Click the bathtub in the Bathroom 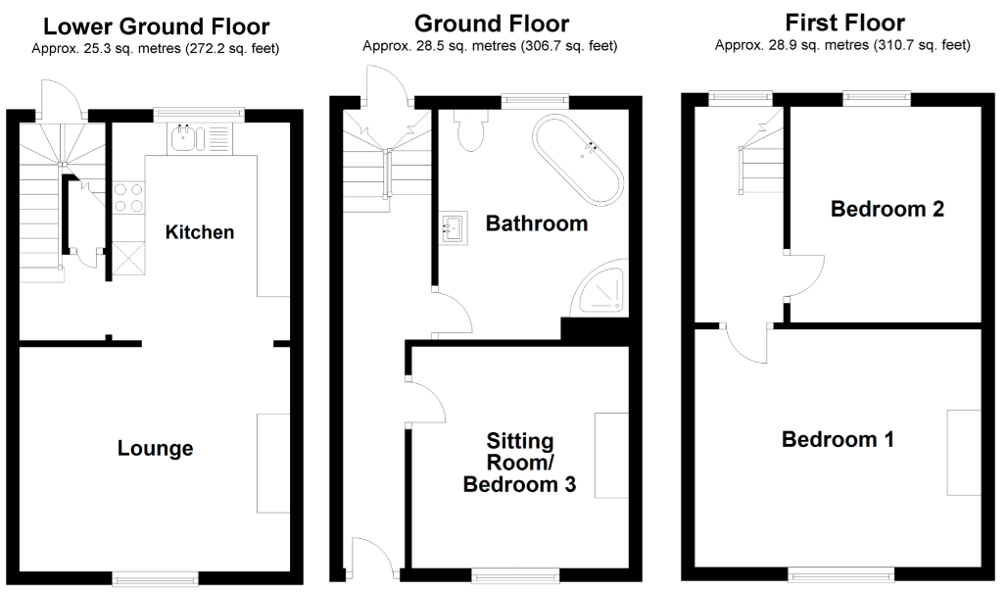[x=578, y=160]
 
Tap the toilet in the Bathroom [x=472, y=131]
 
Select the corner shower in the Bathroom [x=599, y=289]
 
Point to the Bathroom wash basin [x=453, y=228]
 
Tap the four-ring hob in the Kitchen [x=129, y=198]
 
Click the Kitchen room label [x=200, y=232]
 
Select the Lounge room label [x=155, y=449]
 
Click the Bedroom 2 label [x=887, y=209]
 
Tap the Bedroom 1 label [x=838, y=439]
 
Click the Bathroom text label [x=537, y=223]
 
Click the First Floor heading [x=845, y=23]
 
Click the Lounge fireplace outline [x=273, y=463]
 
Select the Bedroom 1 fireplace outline [x=963, y=452]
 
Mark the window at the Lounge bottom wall [x=154, y=579]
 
